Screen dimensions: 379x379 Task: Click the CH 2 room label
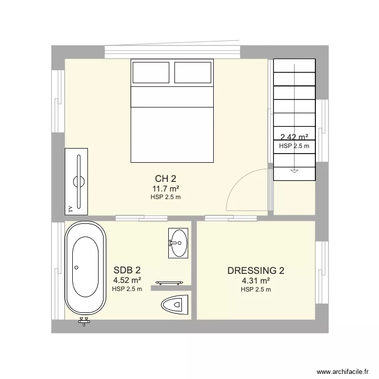click(x=165, y=178)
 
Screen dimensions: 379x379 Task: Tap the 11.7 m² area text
click(x=165, y=188)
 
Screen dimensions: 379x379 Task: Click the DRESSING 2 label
click(x=256, y=270)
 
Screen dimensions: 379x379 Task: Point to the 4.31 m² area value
click(x=256, y=280)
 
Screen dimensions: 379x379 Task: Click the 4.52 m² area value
click(x=127, y=280)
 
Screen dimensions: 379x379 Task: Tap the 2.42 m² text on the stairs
click(x=294, y=136)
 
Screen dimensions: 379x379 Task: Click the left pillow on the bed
click(x=152, y=72)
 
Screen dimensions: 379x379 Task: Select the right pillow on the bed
click(x=193, y=72)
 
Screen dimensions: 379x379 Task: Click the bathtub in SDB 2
click(x=85, y=268)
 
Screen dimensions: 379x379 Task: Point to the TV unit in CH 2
click(x=76, y=181)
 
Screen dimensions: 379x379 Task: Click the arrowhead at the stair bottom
click(x=294, y=171)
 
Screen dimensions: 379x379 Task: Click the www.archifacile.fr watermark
click(x=343, y=370)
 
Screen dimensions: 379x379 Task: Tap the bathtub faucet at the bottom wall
click(x=84, y=321)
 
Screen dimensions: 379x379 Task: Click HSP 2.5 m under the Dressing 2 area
click(x=256, y=290)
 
